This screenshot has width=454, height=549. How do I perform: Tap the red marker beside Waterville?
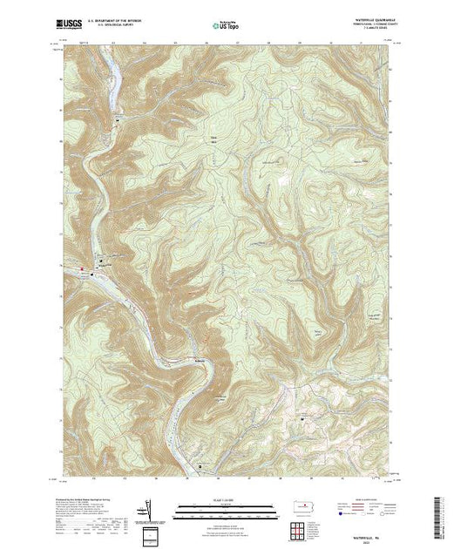click(x=85, y=268)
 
